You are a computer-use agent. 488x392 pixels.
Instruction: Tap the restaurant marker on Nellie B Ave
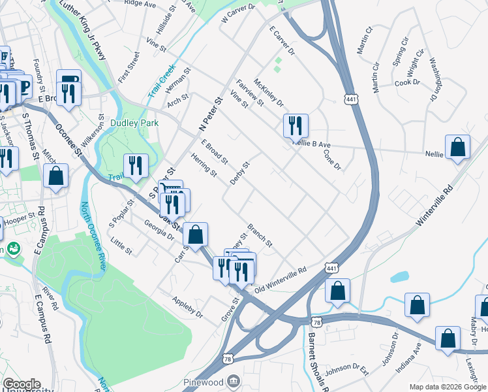(296, 125)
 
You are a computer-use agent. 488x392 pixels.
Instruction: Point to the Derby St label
(240, 173)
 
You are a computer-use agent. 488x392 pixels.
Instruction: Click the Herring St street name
(204, 164)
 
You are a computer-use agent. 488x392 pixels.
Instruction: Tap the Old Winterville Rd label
(280, 279)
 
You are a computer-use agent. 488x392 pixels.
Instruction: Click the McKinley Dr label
(269, 93)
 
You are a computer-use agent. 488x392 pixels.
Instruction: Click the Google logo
(22, 384)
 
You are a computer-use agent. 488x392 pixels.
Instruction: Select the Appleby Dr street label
(187, 307)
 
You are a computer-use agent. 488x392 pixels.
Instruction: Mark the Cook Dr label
(407, 82)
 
